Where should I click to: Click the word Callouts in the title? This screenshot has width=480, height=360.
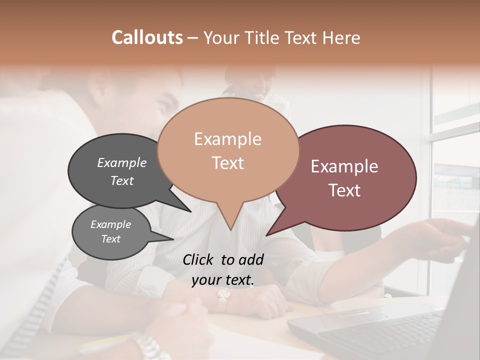147,37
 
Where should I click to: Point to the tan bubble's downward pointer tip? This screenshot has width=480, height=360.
230,229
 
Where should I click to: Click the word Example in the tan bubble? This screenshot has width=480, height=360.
227,139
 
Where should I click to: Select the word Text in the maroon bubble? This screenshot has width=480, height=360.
345,190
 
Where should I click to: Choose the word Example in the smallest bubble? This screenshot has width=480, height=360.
111,224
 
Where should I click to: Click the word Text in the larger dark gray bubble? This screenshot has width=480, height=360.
122,180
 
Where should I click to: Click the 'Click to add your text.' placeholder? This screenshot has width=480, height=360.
223,270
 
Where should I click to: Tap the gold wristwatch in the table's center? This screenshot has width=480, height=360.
223,297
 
